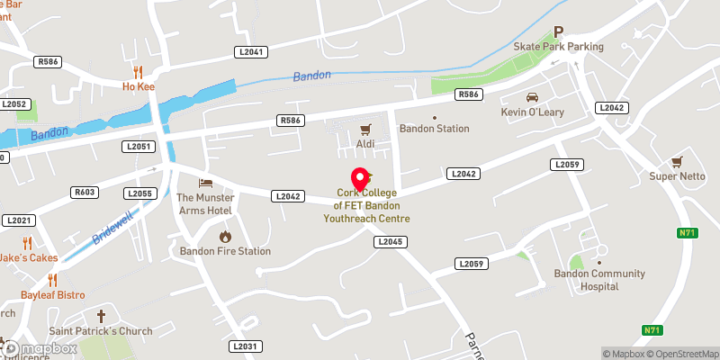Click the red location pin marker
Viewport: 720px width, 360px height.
(x=359, y=177)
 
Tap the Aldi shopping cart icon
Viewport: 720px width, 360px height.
(x=365, y=130)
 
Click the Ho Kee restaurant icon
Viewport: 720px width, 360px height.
(x=138, y=72)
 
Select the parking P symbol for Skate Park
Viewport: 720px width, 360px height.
(x=558, y=31)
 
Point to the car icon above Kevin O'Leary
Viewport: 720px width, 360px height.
(x=531, y=97)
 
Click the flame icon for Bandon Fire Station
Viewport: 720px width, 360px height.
(x=225, y=237)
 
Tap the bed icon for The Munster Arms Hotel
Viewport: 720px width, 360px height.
(x=204, y=184)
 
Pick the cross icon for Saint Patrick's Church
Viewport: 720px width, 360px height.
(x=101, y=316)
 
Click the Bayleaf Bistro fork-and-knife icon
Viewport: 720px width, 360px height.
(x=52, y=280)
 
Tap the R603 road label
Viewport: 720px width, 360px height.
(x=85, y=192)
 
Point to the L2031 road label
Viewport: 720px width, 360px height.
(x=245, y=346)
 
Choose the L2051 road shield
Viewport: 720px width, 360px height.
(x=140, y=146)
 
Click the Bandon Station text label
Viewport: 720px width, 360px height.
(x=435, y=129)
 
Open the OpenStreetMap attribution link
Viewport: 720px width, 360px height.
(x=684, y=353)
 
